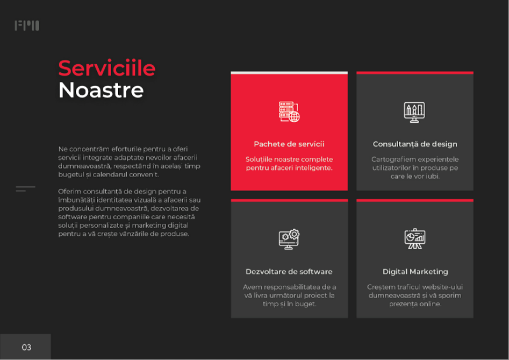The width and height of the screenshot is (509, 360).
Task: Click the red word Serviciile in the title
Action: [107, 68]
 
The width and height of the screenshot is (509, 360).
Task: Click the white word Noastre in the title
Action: [101, 90]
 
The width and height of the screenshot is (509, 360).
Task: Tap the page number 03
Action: [26, 347]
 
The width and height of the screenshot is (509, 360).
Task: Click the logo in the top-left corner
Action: [27, 26]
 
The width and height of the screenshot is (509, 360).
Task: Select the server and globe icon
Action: [289, 112]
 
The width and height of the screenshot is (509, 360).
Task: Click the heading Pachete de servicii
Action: [289, 144]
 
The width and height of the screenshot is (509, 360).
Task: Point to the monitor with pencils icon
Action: [414, 112]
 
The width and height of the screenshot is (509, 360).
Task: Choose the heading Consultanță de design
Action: [415, 144]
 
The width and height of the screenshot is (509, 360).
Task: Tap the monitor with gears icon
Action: [289, 239]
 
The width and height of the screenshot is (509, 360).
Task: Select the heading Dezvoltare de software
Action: [289, 272]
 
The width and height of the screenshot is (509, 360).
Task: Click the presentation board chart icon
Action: [415, 239]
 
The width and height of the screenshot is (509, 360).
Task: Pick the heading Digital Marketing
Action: [415, 272]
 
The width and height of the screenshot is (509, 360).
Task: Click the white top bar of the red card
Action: [289, 72]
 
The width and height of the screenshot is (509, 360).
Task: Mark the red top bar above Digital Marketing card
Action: [415, 200]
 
